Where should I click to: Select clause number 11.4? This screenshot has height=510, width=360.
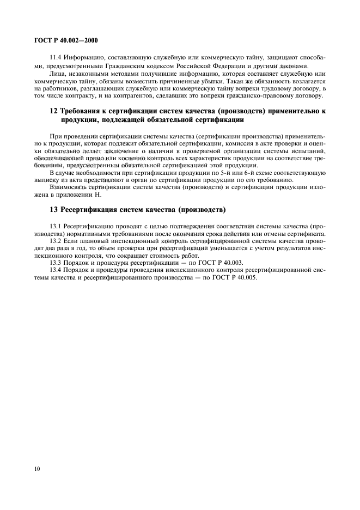click(56, 57)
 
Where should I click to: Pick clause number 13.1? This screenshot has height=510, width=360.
click(56, 226)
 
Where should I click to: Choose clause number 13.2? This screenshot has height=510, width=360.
click(56, 240)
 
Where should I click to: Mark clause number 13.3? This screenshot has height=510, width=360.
click(56, 262)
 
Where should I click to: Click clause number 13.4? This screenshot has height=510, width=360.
click(56, 269)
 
